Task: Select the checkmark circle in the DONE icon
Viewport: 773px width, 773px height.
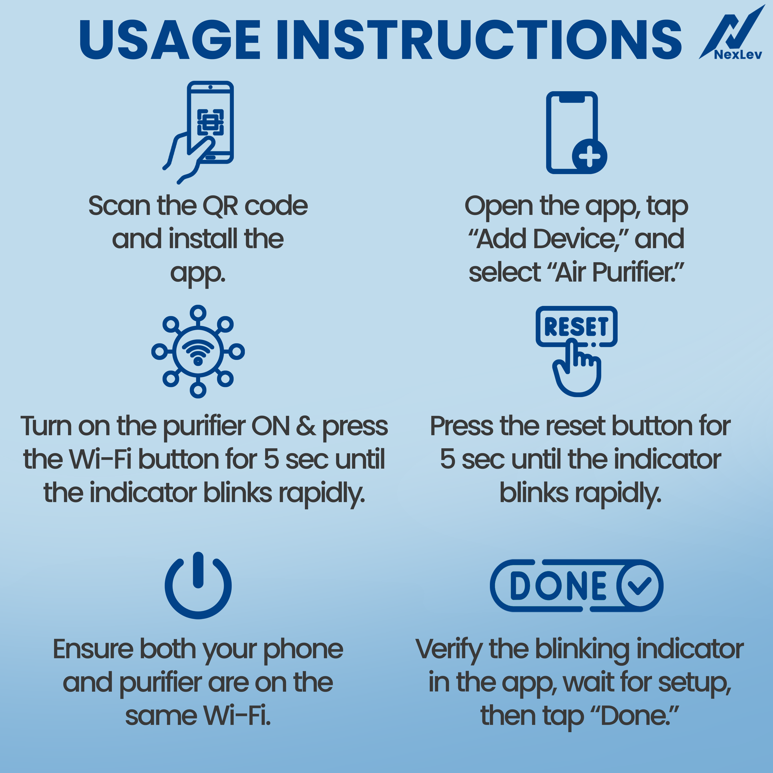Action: click(x=639, y=585)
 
